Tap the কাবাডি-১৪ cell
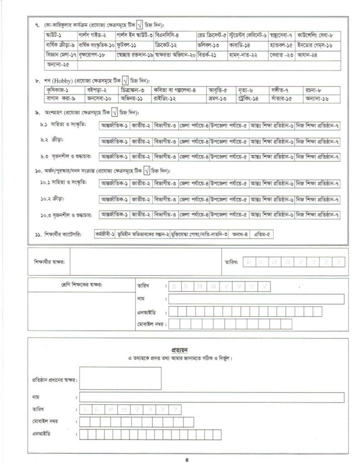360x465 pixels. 241,45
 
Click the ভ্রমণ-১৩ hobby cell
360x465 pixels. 219,98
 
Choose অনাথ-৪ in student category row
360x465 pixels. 240,234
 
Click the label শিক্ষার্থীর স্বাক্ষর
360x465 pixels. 50,262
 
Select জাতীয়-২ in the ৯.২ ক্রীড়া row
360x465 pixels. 140,142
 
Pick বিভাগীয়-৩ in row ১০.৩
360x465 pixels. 165,214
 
